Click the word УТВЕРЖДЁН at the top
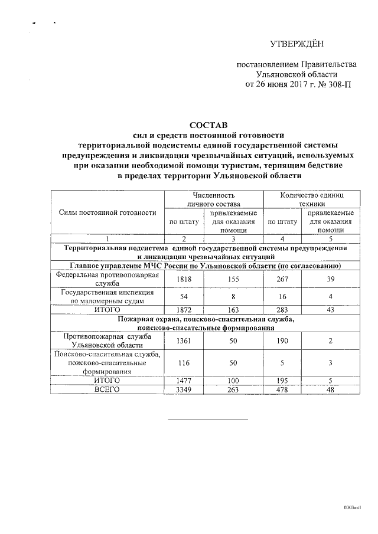[x=296, y=44]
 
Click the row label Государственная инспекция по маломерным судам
[x=107, y=296]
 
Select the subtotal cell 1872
[x=183, y=310]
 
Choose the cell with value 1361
[x=183, y=340]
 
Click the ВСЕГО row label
[x=107, y=389]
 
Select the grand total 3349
[x=183, y=389]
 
